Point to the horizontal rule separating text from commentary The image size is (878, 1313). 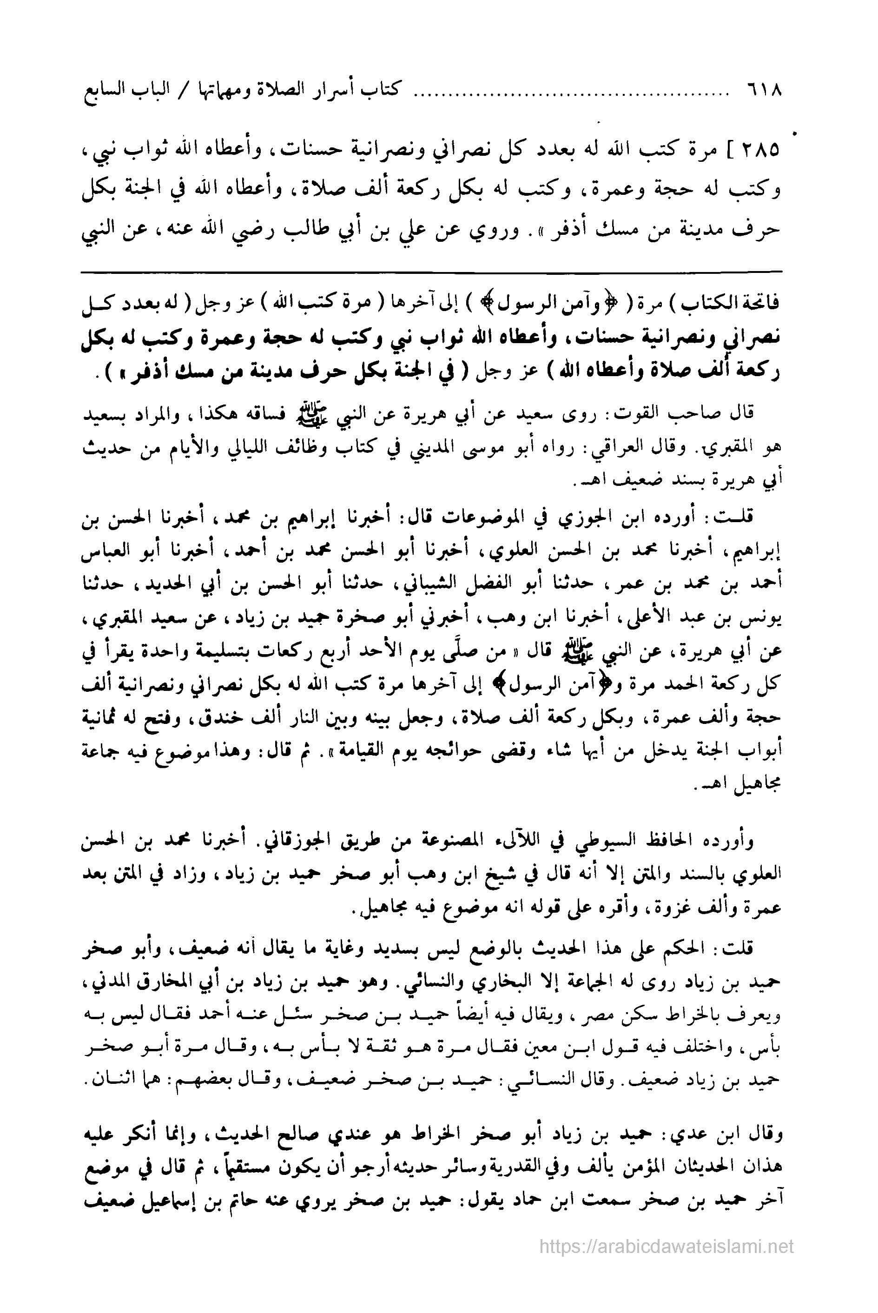pos(431,272)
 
